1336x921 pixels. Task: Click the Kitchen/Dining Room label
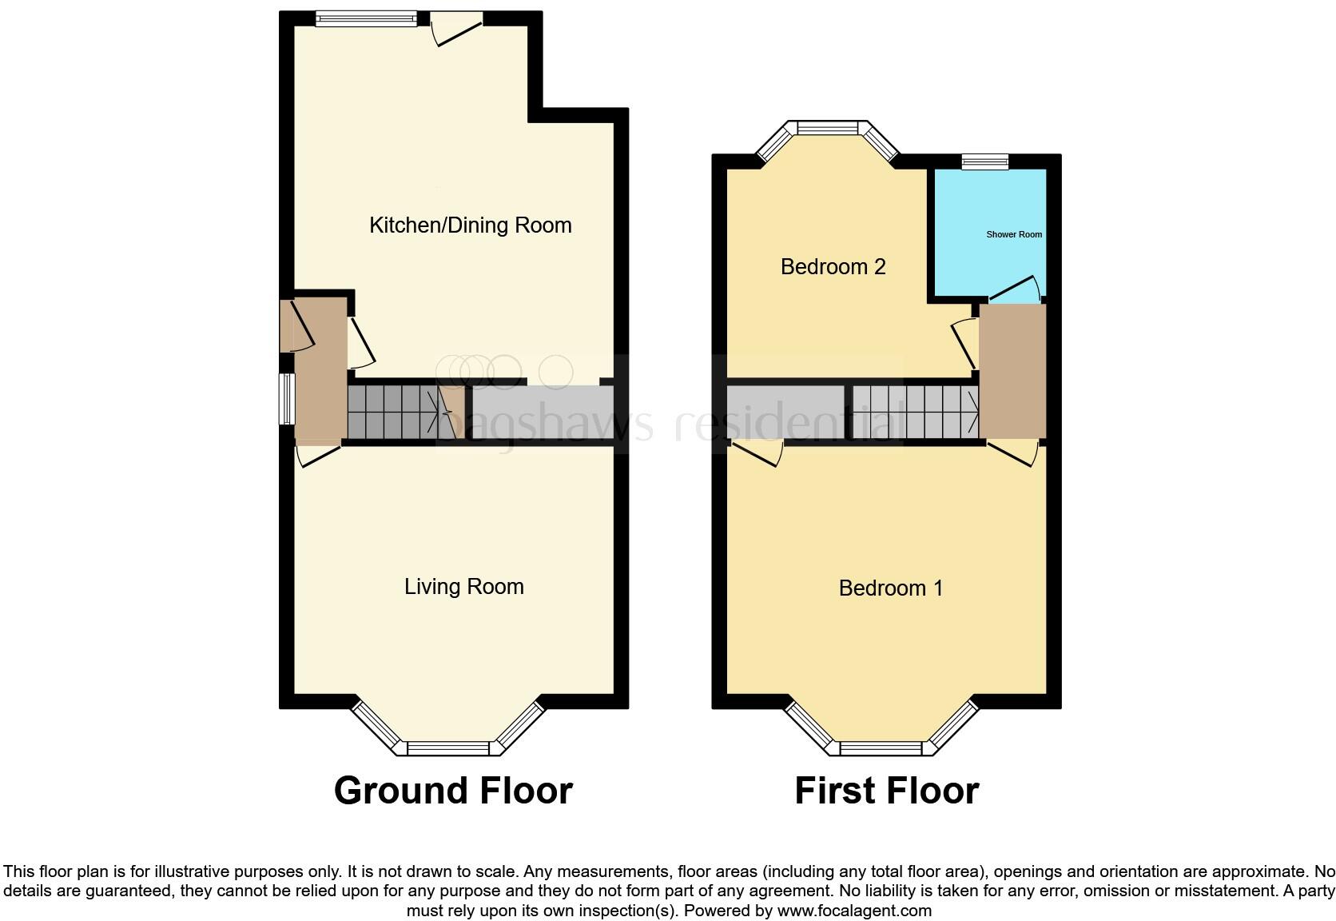point(470,225)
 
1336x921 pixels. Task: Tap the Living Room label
point(463,587)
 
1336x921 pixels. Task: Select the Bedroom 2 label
point(833,267)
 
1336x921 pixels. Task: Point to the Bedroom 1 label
point(890,588)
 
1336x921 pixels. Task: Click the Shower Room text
point(1014,235)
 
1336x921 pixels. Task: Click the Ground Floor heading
point(453,791)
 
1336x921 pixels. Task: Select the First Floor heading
point(886,791)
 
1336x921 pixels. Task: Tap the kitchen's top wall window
point(366,19)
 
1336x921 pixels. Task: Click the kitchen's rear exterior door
point(457,29)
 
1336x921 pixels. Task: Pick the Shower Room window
point(984,161)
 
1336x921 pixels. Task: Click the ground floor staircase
point(396,412)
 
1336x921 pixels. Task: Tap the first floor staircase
point(916,412)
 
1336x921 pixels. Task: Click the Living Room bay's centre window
point(447,748)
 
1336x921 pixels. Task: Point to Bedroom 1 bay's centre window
point(881,749)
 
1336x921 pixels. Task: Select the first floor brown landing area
point(1012,372)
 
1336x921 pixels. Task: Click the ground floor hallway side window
point(286,398)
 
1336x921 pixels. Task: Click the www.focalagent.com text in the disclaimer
point(853,911)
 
